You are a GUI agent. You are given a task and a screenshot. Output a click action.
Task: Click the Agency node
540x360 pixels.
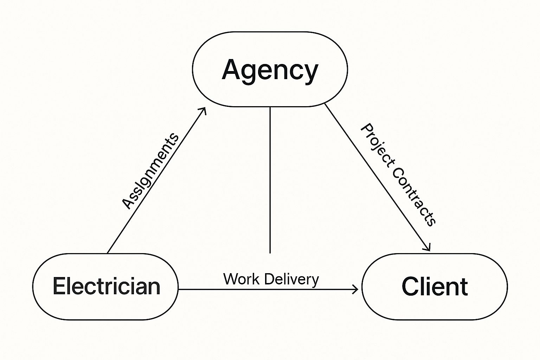tap(270, 69)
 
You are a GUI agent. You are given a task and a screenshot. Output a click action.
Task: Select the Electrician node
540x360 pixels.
tap(105, 287)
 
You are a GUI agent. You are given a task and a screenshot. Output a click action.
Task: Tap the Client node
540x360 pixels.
tap(435, 287)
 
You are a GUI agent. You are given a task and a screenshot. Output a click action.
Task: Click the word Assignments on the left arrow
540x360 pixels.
tap(150, 171)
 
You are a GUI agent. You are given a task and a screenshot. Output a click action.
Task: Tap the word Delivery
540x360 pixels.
tap(290, 279)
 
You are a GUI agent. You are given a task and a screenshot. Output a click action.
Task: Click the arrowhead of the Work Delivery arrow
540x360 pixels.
tap(356, 289)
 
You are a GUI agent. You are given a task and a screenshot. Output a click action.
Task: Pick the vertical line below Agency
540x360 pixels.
tap(270, 179)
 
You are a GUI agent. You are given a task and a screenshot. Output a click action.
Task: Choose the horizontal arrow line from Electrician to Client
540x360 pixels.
tap(267, 289)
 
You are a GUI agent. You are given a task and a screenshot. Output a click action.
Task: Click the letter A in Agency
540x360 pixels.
tap(233, 69)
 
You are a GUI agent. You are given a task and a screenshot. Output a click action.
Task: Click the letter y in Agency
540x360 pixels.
tap(310, 72)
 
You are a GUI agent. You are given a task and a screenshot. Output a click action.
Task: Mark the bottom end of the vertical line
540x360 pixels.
tap(270, 252)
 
